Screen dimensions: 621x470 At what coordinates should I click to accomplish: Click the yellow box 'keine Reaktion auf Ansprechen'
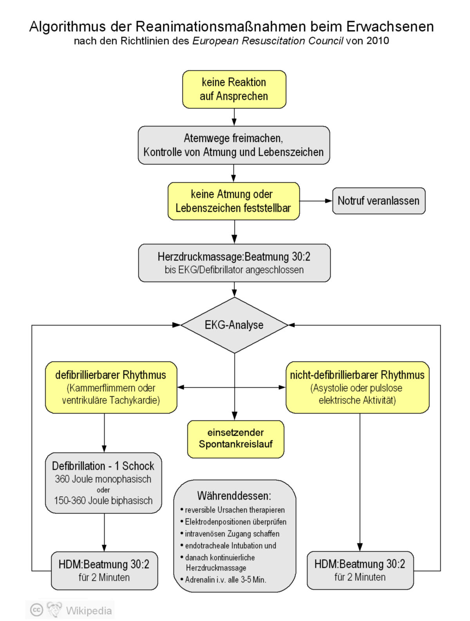tap(234, 89)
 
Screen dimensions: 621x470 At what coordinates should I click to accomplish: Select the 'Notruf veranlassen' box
tap(378, 201)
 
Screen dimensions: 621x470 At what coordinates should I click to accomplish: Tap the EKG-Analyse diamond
tap(234, 325)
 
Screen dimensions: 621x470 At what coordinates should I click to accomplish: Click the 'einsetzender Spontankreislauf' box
tap(235, 439)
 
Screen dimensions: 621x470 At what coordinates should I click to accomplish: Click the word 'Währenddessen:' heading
tap(234, 496)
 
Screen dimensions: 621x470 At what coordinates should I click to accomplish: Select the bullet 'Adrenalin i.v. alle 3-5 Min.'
tap(225, 580)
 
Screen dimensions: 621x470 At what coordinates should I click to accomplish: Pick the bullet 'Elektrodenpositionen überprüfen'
tap(235, 522)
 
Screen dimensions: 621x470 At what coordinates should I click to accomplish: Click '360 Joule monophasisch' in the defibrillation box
tap(103, 479)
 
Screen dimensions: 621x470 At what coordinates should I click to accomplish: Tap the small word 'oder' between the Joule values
tap(103, 490)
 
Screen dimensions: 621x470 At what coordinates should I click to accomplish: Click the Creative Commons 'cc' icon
tap(36, 610)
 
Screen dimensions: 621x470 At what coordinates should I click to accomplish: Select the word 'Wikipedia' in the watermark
tap(89, 610)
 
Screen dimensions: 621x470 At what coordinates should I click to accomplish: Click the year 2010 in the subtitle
tap(378, 41)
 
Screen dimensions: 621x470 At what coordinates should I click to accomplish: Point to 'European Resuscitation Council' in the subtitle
tap(268, 41)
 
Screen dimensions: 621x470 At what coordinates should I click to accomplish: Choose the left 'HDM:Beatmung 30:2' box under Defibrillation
tap(104, 570)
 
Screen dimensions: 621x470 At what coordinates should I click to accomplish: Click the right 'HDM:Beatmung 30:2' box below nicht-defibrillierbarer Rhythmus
tap(360, 570)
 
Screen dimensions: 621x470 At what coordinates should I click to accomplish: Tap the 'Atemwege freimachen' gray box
tap(233, 145)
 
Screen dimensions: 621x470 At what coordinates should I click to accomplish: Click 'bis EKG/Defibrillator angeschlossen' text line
tap(234, 270)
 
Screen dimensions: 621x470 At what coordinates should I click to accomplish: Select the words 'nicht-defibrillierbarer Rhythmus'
tap(357, 375)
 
